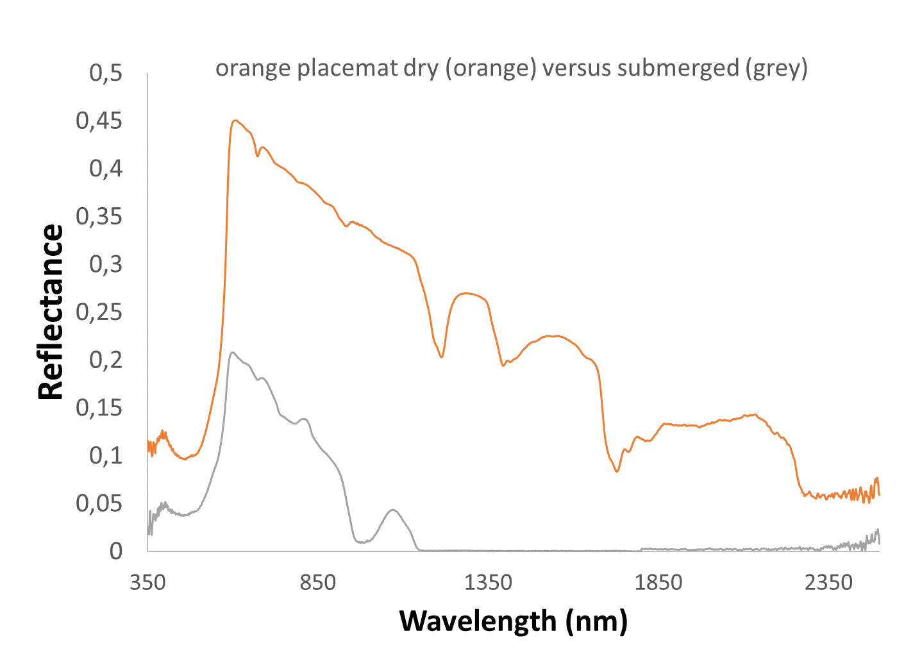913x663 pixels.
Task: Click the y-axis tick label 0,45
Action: click(x=99, y=121)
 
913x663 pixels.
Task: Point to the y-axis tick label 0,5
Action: click(x=106, y=73)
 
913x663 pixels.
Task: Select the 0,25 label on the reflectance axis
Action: click(x=99, y=312)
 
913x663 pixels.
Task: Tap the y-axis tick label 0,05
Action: click(x=99, y=503)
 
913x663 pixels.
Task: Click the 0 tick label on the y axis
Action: click(x=115, y=551)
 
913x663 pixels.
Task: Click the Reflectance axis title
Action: click(x=51, y=312)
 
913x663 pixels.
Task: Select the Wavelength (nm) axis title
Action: click(x=513, y=621)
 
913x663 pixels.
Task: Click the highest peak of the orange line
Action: click(x=235, y=120)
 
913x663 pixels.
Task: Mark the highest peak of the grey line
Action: click(x=232, y=352)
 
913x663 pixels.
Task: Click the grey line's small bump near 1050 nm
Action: click(x=393, y=510)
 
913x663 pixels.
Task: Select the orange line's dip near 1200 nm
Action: click(x=442, y=357)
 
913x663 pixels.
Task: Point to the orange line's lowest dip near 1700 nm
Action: click(x=617, y=471)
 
